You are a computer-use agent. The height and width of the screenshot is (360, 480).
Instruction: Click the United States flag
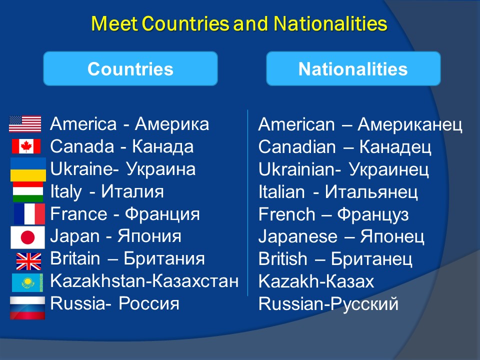[25, 124]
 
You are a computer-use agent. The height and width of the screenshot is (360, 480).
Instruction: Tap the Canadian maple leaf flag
[26, 146]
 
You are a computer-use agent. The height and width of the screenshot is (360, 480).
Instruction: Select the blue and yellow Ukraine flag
[28, 169]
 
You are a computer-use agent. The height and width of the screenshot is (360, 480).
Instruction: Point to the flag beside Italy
[28, 192]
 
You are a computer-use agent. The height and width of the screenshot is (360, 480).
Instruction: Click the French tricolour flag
[29, 214]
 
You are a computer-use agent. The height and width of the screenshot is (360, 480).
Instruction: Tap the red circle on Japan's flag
[27, 237]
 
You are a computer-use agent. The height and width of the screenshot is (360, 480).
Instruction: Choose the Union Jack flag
[29, 261]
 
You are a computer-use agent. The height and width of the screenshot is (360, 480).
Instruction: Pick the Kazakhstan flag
[27, 282]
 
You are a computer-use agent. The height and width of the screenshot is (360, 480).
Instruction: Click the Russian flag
[27, 308]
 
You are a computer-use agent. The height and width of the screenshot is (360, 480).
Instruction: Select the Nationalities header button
[353, 68]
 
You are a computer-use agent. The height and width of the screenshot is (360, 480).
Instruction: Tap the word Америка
[172, 124]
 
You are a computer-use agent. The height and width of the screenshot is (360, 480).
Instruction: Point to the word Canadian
[297, 146]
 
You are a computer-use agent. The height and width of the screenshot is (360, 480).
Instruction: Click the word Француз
[373, 214]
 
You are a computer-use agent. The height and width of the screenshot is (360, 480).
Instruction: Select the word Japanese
[298, 236]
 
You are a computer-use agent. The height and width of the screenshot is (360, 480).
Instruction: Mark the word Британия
[164, 258]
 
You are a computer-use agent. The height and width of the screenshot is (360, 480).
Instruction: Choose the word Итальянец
[371, 192]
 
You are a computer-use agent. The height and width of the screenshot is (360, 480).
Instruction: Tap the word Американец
[410, 124]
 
